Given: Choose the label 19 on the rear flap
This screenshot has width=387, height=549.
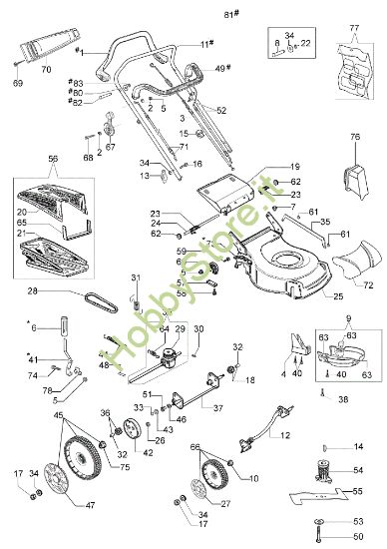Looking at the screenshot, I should pyautogui.click(x=294, y=167).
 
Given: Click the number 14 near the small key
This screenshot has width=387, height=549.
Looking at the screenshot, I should pyautogui.click(x=359, y=444).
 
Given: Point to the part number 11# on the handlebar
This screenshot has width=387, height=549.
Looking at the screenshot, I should pyautogui.click(x=205, y=44).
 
